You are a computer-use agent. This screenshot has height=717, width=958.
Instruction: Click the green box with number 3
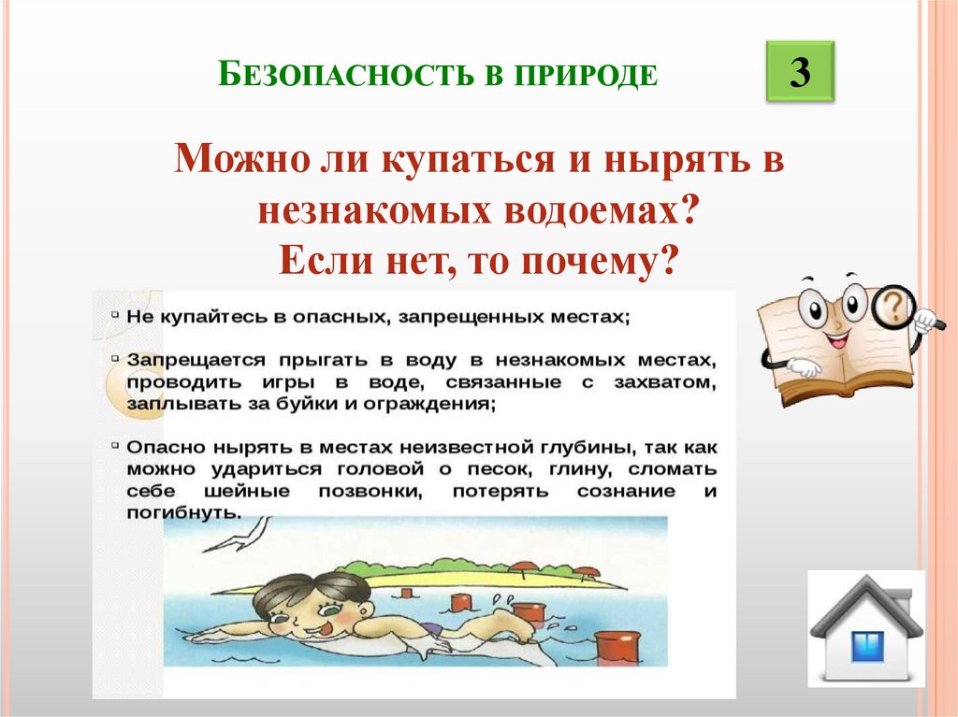[x=800, y=72]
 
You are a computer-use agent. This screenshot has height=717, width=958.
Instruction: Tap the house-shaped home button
[x=866, y=628]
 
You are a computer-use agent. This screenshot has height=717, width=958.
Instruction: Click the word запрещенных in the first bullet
[x=468, y=317]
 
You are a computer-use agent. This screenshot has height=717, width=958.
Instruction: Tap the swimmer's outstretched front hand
[x=198, y=638]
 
